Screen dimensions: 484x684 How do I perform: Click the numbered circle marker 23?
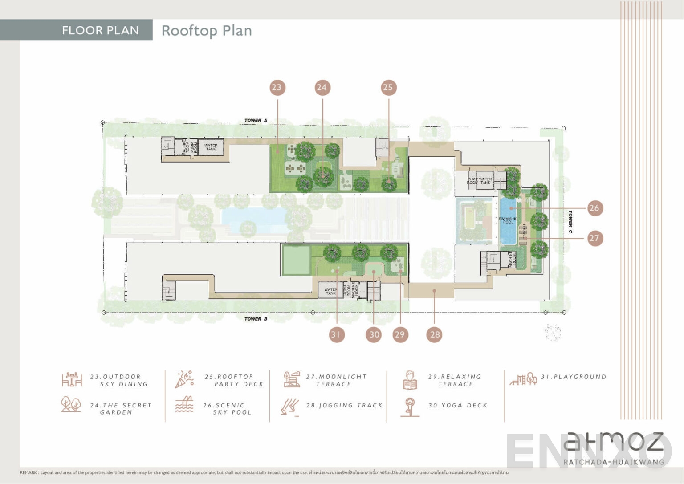click(x=277, y=87)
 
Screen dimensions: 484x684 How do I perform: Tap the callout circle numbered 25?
click(x=388, y=87)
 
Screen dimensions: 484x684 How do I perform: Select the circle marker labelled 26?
click(x=594, y=208)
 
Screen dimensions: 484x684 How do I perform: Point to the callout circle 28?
click(x=435, y=334)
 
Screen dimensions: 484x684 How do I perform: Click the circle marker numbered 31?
click(x=336, y=334)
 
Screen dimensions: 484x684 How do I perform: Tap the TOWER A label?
click(x=256, y=120)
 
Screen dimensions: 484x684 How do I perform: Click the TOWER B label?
click(x=256, y=319)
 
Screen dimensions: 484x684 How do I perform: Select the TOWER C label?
click(x=570, y=222)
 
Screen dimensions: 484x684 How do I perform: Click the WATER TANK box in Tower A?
click(x=211, y=147)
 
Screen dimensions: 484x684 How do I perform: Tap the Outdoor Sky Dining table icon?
click(x=72, y=380)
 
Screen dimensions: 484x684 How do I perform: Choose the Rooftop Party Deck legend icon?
click(x=185, y=379)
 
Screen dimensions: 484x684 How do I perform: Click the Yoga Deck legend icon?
click(x=410, y=407)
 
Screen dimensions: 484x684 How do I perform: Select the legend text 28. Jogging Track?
click(x=344, y=405)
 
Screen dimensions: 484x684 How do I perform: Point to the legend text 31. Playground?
click(x=574, y=377)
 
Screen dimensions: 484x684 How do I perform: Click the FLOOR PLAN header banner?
click(x=100, y=30)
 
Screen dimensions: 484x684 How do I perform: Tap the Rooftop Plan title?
click(x=207, y=31)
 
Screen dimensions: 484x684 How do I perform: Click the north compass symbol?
click(x=553, y=332)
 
